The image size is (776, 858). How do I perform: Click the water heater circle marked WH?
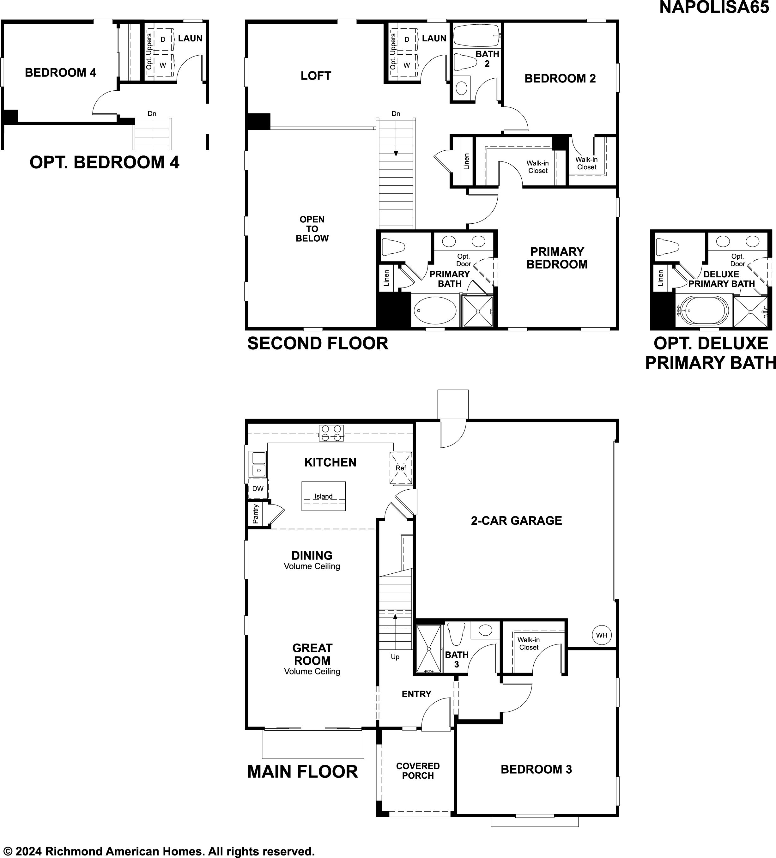[602, 635]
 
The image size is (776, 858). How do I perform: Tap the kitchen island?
[324, 496]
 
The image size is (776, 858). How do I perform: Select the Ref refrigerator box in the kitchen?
[401, 468]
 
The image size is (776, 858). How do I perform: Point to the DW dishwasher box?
[258, 489]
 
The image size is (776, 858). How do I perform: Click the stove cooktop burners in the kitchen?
[331, 433]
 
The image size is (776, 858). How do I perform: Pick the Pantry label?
[255, 514]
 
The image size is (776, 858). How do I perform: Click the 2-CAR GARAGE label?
[516, 521]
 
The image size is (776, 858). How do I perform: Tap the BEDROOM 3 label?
[537, 770]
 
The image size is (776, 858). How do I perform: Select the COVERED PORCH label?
[418, 771]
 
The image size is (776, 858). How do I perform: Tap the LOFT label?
[316, 76]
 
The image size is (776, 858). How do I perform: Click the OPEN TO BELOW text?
[312, 229]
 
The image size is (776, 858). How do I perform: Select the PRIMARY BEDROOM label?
[557, 258]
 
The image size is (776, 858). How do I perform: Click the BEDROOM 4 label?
[60, 73]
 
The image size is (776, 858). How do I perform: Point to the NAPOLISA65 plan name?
[714, 8]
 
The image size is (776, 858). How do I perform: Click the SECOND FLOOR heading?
[318, 343]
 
